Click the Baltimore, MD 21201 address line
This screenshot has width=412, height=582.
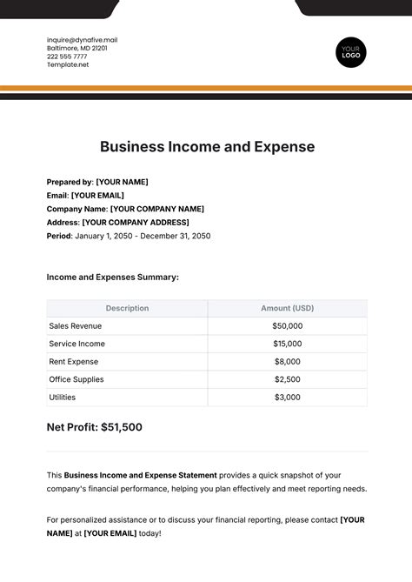(78, 49)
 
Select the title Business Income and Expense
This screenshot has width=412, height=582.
(207, 146)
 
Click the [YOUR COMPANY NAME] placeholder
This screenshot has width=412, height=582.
(157, 209)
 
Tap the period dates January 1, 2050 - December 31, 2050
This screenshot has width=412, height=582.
(142, 236)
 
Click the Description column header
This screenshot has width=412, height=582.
(127, 308)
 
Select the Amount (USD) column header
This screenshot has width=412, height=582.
(287, 308)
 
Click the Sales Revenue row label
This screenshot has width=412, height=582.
(76, 326)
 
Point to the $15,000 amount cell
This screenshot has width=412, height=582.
(287, 344)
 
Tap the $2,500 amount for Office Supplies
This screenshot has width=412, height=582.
(287, 379)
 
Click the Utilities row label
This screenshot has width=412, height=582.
(63, 397)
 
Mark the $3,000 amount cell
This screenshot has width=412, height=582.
(287, 397)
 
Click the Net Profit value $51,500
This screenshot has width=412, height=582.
(122, 427)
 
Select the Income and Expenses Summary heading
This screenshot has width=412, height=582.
(112, 278)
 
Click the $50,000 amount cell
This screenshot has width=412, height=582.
(287, 326)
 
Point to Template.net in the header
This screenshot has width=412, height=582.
(68, 64)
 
